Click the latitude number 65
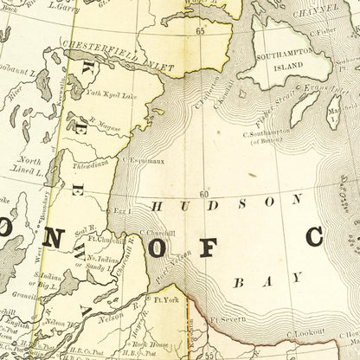pyautogui.click(x=202, y=31)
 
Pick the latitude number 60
pyautogui.click(x=204, y=194)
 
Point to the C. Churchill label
pyautogui.click(x=158, y=233)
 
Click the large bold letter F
pyautogui.click(x=207, y=247)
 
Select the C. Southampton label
pyautogui.click(x=272, y=132)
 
